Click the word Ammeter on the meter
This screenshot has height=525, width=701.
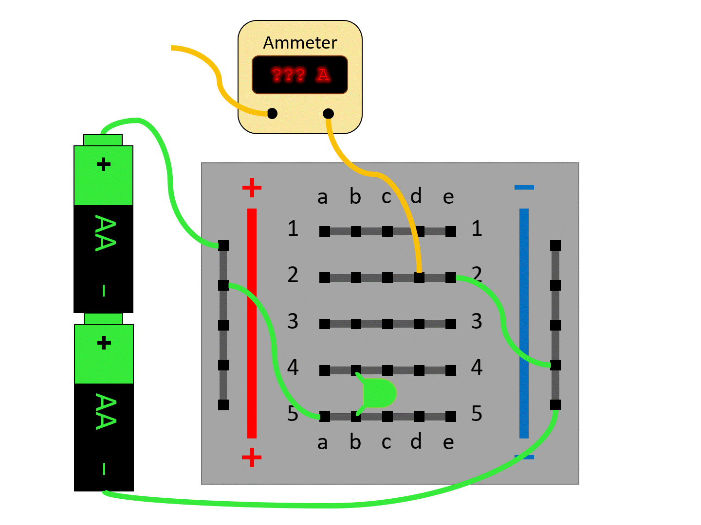tap(300, 43)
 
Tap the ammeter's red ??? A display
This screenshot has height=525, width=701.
tap(300, 75)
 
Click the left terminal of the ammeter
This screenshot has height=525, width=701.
tap(273, 114)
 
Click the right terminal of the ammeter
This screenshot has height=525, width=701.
tap(329, 114)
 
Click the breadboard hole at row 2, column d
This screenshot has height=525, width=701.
tap(419, 278)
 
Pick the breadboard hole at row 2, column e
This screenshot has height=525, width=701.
tap(451, 278)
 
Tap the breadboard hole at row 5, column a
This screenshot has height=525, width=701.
tap(325, 417)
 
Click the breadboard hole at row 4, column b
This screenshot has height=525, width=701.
tap(356, 370)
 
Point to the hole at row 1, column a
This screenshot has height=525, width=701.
tap(325, 231)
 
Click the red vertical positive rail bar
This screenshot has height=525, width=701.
tap(252, 323)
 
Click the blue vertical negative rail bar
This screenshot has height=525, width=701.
tap(524, 323)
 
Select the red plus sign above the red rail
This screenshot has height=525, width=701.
tap(252, 188)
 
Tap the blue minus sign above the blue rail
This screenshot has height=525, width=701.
tap(524, 187)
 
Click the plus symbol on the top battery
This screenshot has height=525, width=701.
tap(104, 164)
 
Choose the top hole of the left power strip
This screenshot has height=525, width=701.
tap(223, 245)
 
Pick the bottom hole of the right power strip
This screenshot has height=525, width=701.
tap(555, 405)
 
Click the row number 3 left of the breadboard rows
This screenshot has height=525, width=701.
tap(293, 321)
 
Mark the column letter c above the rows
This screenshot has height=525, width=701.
tap(387, 197)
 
